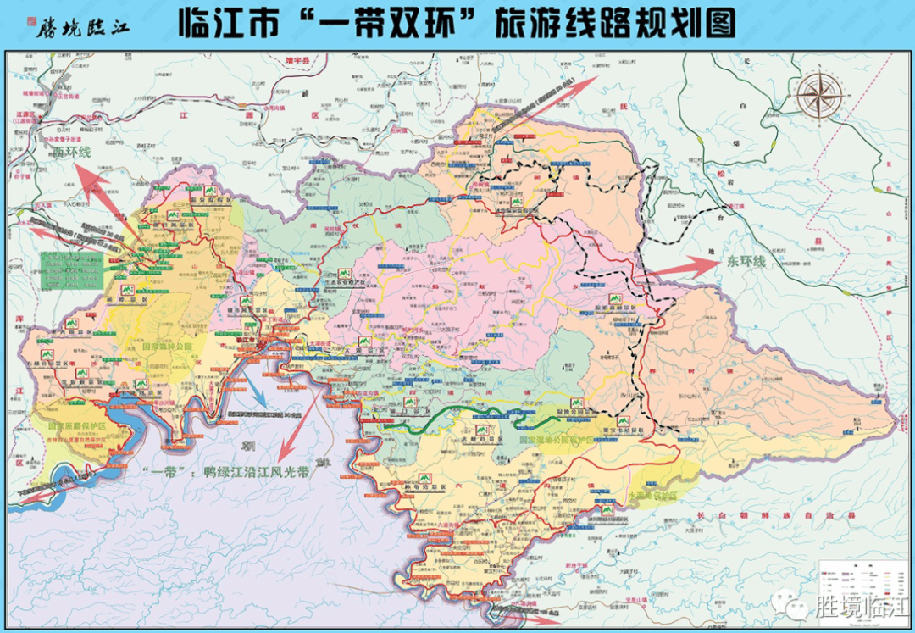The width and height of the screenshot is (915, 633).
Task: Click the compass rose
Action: pyautogui.click(x=818, y=95)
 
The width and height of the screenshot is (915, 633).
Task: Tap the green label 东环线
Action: pyautogui.click(x=745, y=262)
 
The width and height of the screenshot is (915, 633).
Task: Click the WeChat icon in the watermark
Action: pyautogui.click(x=796, y=607)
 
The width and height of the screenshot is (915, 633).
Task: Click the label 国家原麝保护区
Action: pyautogui.click(x=77, y=425)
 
